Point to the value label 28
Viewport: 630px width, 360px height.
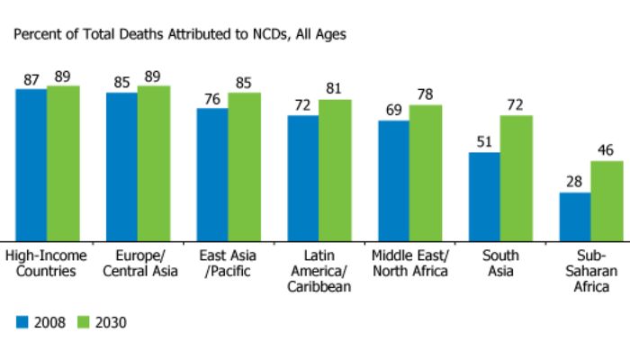pos(575,183)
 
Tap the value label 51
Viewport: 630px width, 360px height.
pos(484,142)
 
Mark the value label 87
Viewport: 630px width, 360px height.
pos(31,79)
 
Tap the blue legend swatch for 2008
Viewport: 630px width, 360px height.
pos(22,321)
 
